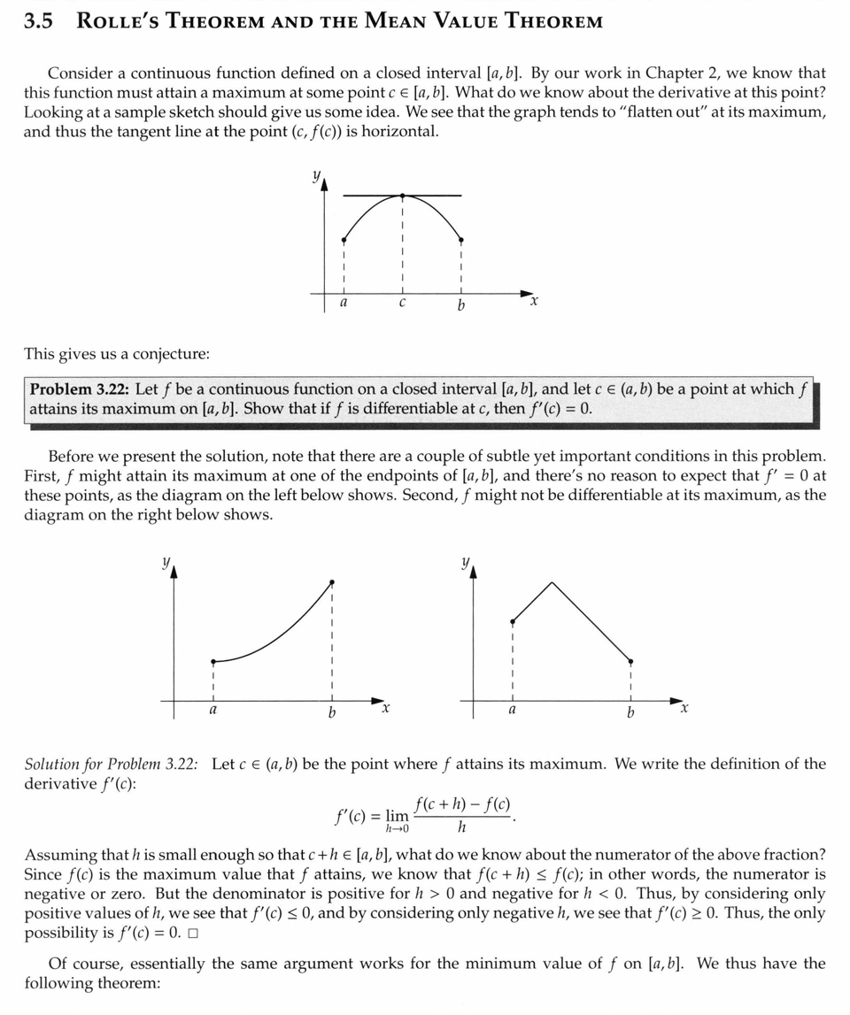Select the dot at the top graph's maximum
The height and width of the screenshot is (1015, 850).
click(402, 196)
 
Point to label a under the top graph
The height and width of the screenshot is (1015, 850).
click(344, 304)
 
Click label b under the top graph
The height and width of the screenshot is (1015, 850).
click(461, 305)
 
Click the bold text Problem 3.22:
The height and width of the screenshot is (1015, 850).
click(79, 389)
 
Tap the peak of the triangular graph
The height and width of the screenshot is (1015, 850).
click(552, 582)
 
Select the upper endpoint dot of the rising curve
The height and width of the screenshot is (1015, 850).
click(332, 582)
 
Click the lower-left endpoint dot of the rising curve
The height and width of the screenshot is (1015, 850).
click(212, 661)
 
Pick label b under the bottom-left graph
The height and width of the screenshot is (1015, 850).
click(332, 712)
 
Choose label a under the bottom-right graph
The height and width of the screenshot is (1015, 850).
click(512, 711)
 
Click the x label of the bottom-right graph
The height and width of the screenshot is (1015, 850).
click(684, 710)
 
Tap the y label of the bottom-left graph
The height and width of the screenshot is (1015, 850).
click(165, 562)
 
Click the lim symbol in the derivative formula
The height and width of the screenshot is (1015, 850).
click(398, 815)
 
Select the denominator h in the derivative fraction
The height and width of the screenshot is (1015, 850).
click(461, 828)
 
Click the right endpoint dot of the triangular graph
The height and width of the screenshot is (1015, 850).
click(630, 661)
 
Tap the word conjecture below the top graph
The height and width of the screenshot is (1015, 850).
click(171, 354)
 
